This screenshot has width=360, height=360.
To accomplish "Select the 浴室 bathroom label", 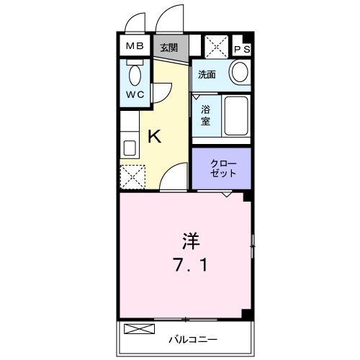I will [x=205, y=115].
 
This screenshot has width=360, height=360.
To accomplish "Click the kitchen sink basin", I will [x=130, y=148].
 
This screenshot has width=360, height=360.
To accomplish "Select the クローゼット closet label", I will [x=220, y=168].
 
